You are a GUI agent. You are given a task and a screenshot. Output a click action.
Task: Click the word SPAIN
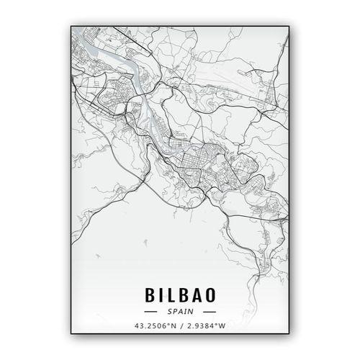pos(180,312)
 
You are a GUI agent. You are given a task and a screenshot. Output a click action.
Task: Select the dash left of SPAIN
pos(151,312)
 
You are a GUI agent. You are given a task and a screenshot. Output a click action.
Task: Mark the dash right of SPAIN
pos(209,312)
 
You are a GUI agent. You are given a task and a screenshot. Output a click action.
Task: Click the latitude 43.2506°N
pos(154,326)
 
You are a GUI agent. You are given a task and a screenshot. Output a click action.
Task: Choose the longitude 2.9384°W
pos(208,326)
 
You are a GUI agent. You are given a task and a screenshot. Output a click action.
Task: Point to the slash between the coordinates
pos(181,326)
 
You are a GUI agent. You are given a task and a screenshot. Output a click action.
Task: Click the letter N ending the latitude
pos(173,326)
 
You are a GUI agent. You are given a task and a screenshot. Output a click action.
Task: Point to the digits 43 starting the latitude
pos(138,326)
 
